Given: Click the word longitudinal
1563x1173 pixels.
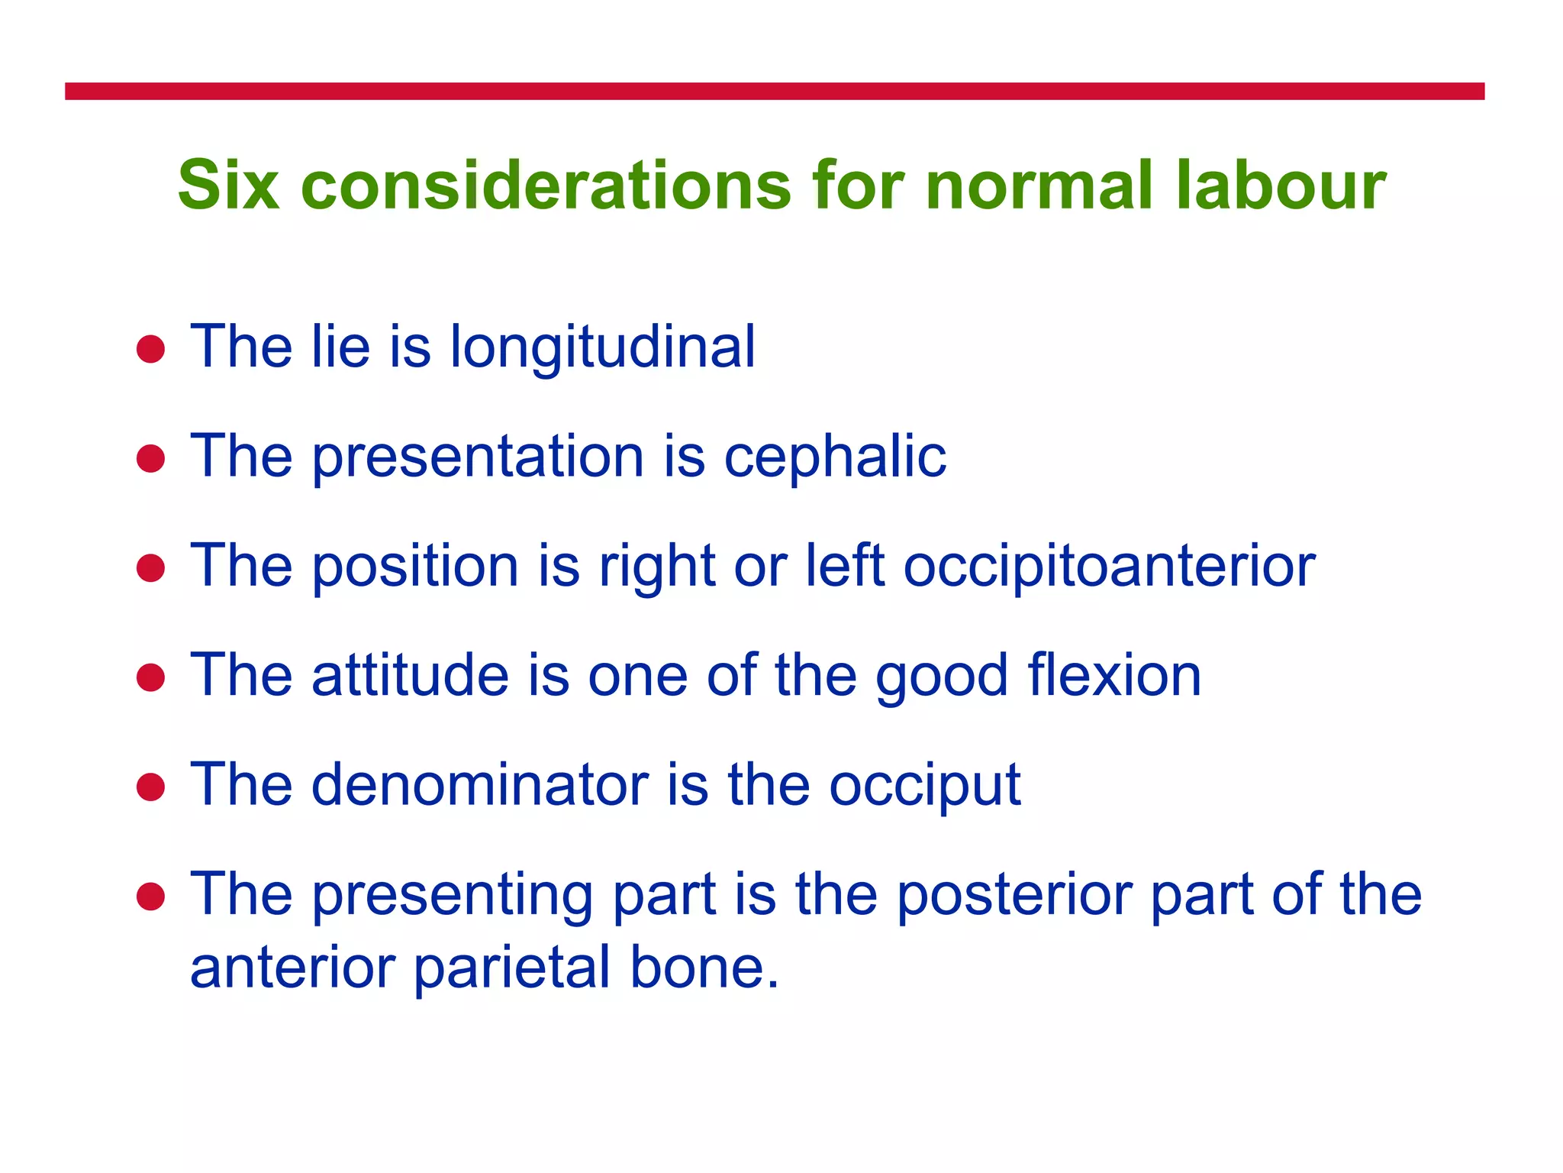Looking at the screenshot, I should coord(602,348).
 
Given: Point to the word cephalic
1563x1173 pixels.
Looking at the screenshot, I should coord(835,457).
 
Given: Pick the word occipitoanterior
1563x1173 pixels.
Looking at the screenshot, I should coord(1110,567).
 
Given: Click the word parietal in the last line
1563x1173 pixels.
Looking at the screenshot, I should coord(513,968).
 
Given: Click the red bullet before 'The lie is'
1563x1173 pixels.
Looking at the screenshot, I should coord(151,350).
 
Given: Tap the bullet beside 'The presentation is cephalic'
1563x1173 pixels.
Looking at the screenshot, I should coord(151,459).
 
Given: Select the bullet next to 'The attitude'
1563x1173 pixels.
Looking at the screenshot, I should coord(151,677).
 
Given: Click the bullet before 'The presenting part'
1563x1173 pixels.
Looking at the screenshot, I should coord(151,897).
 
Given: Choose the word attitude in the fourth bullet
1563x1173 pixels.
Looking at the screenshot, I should coord(410,676).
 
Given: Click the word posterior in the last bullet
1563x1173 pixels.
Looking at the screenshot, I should coord(1014,895).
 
